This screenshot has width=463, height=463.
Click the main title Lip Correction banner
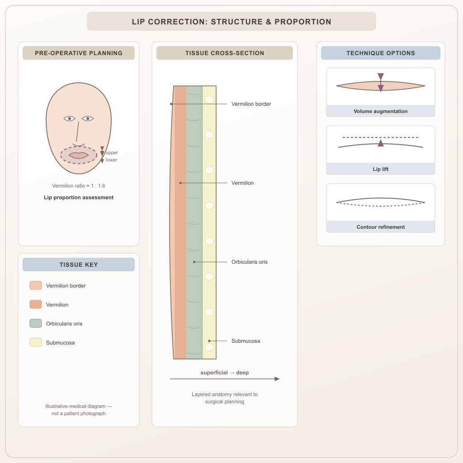[231, 21]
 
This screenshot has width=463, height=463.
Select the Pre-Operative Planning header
[79, 53]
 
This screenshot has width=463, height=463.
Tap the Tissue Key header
[79, 265]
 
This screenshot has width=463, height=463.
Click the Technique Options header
[381, 53]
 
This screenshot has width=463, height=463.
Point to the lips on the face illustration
[79, 156]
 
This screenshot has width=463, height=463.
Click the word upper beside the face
[112, 153]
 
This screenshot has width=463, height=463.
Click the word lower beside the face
[111, 160]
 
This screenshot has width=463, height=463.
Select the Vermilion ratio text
[79, 186]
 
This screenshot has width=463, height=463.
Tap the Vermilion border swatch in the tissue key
[36, 285]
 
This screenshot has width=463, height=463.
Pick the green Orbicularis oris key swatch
[36, 323]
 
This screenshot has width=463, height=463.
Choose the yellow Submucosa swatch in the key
[36, 342]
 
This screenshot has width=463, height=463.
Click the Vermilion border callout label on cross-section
[251, 104]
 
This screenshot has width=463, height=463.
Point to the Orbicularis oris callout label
[250, 262]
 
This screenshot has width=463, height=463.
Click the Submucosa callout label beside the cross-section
[246, 341]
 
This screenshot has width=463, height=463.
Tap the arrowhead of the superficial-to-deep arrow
[277, 379]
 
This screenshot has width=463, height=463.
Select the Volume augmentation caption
[381, 111]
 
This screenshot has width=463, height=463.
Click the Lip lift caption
[381, 169]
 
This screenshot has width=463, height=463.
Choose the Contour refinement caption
[381, 227]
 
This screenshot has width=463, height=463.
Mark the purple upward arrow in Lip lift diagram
[381, 143]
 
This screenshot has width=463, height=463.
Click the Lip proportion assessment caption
[79, 198]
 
